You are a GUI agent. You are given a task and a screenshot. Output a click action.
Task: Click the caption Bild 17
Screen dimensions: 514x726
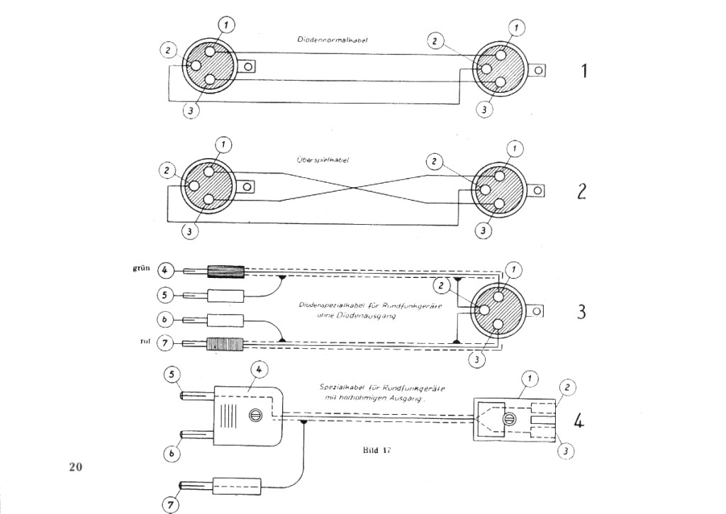pos(372,449)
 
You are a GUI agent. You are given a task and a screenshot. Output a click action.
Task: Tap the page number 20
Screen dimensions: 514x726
pos(76,466)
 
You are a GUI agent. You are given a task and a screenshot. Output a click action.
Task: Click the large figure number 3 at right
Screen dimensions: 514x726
pos(581,312)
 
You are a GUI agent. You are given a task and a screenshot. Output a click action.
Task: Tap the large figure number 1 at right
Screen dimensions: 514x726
pos(583,71)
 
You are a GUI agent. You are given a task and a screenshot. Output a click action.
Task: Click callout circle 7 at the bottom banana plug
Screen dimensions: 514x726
pos(170,505)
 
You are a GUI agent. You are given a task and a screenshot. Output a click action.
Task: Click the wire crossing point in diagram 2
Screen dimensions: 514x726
pos(354,187)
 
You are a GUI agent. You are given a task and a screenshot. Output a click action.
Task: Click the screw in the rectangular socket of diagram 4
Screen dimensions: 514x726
pos(507,420)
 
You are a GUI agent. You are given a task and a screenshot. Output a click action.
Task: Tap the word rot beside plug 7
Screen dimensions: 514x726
pos(139,343)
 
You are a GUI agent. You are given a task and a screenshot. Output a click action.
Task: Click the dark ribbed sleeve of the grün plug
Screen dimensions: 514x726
pos(225,271)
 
